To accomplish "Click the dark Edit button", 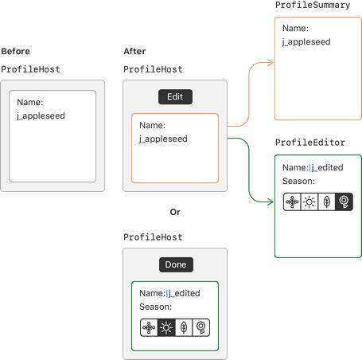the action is coord(175,96).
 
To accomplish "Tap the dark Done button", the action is coord(176,264).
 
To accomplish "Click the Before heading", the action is coord(15,51).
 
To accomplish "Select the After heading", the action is coord(134,51).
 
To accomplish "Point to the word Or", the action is coord(175,212).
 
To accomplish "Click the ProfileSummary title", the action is coord(313,5).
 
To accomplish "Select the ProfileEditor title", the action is coord(310,143).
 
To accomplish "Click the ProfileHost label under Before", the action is coord(30,69).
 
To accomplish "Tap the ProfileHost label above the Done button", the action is coord(153,237).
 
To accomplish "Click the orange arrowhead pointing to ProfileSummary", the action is coord(271,63).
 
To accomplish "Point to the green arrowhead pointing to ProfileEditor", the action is coord(271,202).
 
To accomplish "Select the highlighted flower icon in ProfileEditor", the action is coord(344,202).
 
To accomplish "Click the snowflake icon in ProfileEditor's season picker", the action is coord(292,202).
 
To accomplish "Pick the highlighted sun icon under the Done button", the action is coord(166,327).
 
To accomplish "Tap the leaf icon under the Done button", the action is coord(184,327).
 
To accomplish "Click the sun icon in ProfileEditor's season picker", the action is coord(309,202).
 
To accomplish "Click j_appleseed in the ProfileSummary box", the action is coord(306,42).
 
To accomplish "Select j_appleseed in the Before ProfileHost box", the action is coord(41,116).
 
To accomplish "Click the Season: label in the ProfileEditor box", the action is coord(298,181).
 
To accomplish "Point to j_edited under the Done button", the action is coord(185,293).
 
